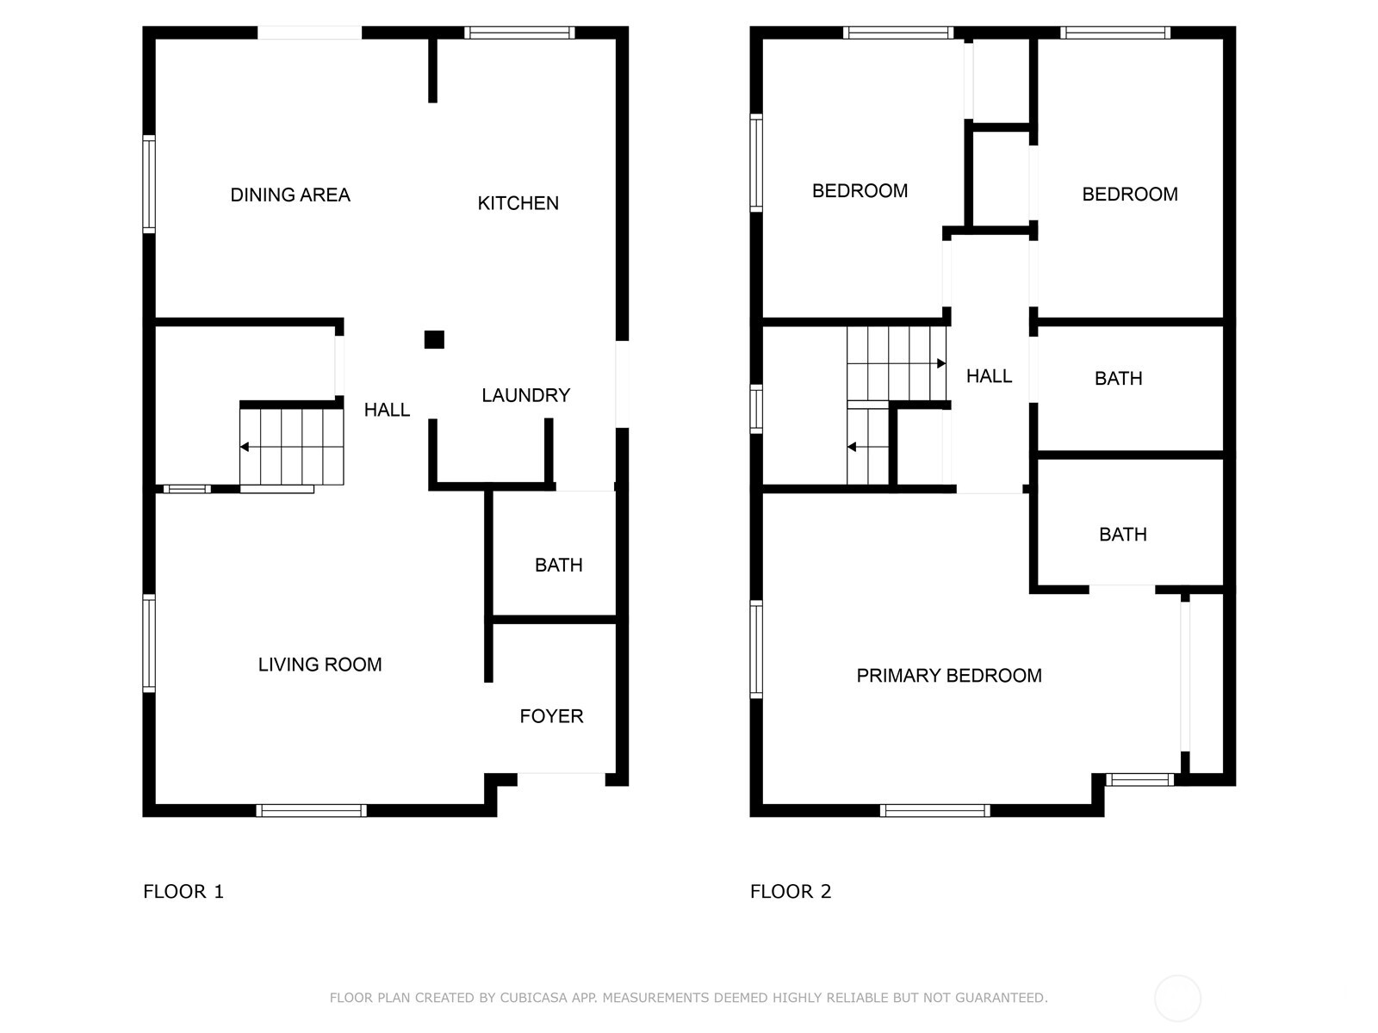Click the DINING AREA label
click(x=290, y=195)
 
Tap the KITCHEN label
click(x=518, y=203)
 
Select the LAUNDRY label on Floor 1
click(x=525, y=395)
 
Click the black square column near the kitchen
click(x=434, y=339)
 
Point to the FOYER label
click(x=551, y=716)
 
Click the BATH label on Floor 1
click(x=558, y=565)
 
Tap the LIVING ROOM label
click(x=320, y=665)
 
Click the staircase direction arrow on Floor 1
click(x=245, y=447)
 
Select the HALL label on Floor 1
click(x=387, y=410)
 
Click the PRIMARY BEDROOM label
click(x=948, y=676)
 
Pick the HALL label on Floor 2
click(x=989, y=376)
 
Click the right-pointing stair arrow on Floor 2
click(x=940, y=363)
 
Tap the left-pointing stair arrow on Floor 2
click(x=852, y=447)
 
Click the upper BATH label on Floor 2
click(x=1118, y=379)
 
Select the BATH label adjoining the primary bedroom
click(x=1122, y=535)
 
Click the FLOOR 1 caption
click(x=183, y=892)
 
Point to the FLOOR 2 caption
click(x=791, y=892)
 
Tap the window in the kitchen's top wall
click(x=519, y=33)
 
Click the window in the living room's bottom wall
click(x=311, y=810)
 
